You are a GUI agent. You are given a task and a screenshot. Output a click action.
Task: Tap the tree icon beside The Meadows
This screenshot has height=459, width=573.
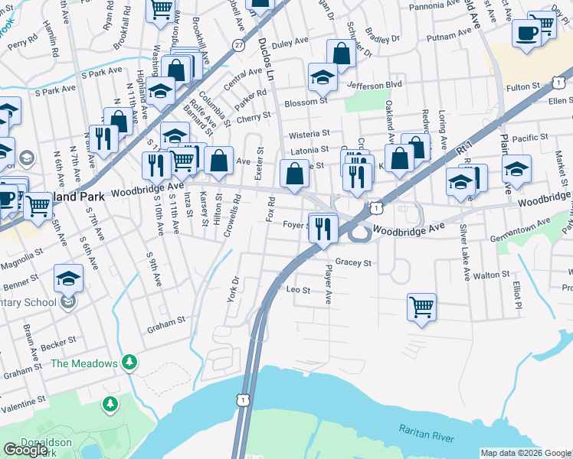(x=130, y=360)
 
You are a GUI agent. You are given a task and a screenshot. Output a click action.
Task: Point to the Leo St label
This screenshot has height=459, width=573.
(x=298, y=291)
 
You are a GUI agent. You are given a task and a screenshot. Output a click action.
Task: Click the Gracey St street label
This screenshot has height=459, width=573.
(x=353, y=262)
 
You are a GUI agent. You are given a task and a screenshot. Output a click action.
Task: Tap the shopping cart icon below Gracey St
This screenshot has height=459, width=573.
(x=421, y=307)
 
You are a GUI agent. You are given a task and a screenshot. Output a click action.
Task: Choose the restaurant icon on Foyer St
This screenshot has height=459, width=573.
(x=323, y=227)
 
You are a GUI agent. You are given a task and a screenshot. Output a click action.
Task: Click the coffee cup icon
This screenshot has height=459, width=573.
(x=526, y=33)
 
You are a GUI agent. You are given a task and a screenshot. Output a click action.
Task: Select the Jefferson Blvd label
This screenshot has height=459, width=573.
(x=375, y=85)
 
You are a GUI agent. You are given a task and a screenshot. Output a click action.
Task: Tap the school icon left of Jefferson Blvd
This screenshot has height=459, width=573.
(x=323, y=76)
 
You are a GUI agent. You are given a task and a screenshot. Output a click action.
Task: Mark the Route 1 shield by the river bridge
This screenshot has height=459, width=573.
(x=243, y=399)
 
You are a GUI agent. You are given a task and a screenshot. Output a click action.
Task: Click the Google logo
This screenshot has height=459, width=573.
(x=25, y=450)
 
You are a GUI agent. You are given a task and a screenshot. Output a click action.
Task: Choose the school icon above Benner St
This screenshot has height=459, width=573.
(x=68, y=278)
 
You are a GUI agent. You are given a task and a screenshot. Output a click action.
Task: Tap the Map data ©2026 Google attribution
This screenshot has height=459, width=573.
(x=526, y=453)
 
